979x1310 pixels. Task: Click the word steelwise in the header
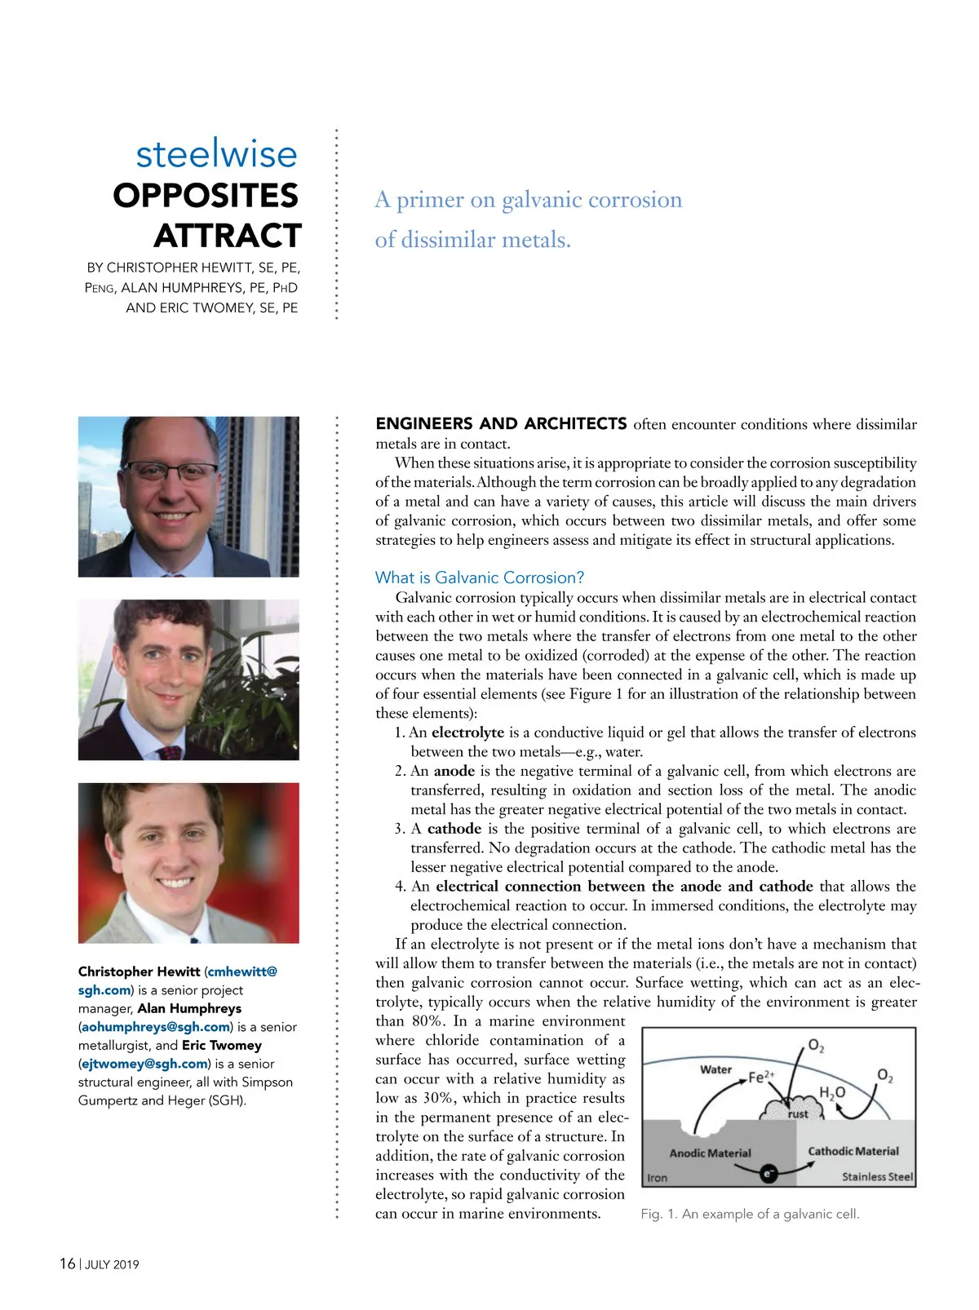click(216, 153)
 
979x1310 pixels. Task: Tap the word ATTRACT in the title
click(228, 236)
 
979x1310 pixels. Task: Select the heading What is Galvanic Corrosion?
click(480, 578)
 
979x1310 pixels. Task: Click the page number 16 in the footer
click(67, 1264)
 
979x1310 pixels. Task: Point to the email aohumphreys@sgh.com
click(155, 1027)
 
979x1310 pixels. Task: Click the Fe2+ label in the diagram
click(761, 1077)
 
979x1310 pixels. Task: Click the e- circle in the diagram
click(767, 1174)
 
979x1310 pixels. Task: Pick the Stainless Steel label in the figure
click(877, 1177)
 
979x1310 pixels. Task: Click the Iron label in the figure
click(657, 1178)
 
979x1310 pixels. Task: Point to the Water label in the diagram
click(715, 1069)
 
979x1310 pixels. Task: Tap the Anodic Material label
click(710, 1153)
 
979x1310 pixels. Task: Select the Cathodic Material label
click(853, 1151)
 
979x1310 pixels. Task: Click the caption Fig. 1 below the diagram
click(750, 1214)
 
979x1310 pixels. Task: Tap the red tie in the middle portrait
click(171, 752)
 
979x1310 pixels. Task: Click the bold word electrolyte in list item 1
click(467, 732)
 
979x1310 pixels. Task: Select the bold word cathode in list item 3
click(454, 829)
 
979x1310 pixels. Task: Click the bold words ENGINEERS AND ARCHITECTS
click(501, 423)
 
